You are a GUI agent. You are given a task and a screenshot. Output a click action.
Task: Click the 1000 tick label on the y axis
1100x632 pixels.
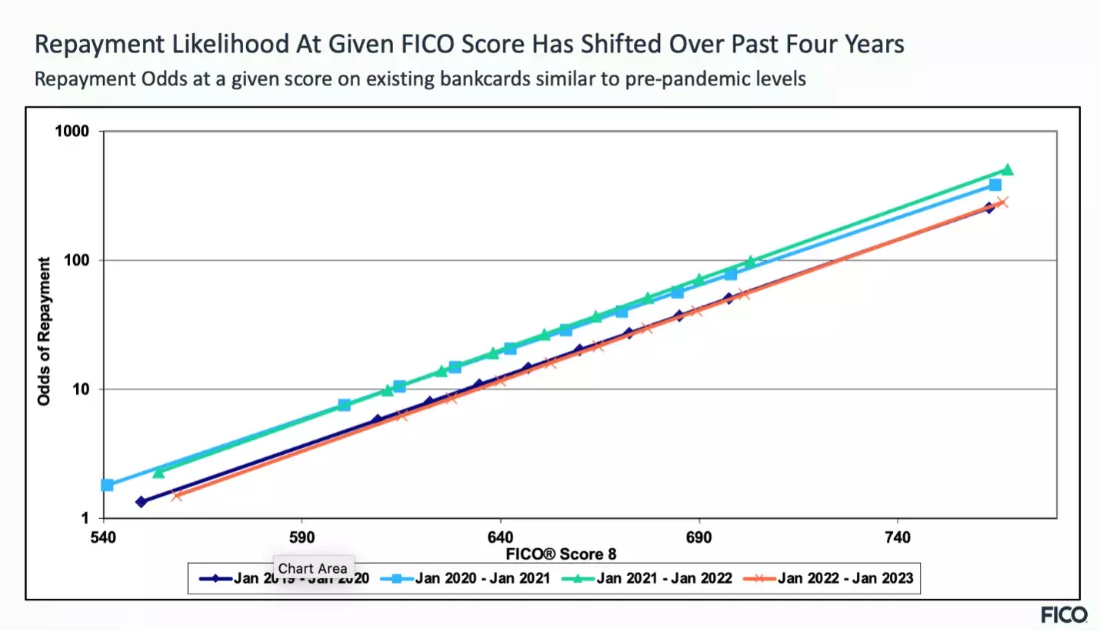[x=74, y=132]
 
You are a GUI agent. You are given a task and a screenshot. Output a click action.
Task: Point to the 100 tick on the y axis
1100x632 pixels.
[x=78, y=260]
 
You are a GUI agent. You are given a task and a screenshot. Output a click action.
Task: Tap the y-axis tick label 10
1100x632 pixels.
[x=81, y=390]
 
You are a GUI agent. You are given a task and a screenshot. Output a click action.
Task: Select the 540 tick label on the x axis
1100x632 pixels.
[x=102, y=537]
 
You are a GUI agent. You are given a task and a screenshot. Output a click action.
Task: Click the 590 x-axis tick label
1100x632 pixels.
[x=302, y=537]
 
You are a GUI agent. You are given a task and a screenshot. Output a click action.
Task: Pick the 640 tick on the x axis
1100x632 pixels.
[x=501, y=537]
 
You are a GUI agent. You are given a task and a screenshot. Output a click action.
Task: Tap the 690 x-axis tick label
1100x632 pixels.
[x=699, y=537]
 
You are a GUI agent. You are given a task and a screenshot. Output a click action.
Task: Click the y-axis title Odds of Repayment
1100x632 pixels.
[x=45, y=332]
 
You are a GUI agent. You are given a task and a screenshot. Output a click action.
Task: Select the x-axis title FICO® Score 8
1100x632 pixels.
[x=562, y=554]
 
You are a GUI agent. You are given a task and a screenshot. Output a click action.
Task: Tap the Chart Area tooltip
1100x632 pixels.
[x=312, y=568]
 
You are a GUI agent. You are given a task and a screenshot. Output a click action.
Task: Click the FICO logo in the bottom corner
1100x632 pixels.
[x=1064, y=614]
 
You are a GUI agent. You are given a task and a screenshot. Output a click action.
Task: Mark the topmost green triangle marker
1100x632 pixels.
[x=1007, y=170]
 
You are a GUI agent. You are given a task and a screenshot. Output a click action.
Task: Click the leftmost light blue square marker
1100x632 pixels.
[x=108, y=485]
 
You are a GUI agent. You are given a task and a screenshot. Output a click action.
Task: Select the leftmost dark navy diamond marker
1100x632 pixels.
[x=141, y=502]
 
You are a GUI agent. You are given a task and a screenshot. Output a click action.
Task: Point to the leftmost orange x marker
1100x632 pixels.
[x=177, y=496]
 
